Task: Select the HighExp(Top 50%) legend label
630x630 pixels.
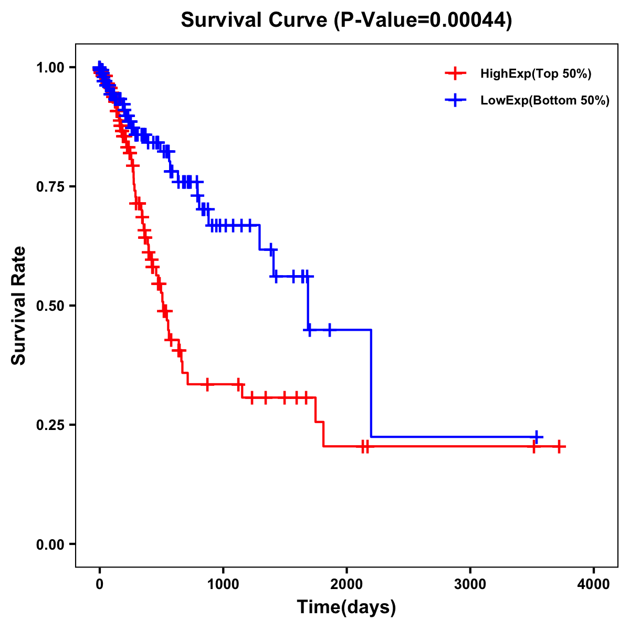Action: click(535, 74)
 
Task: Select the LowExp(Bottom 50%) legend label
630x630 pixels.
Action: click(545, 101)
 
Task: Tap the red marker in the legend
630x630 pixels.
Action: click(455, 73)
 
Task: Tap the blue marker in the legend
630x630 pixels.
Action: click(455, 100)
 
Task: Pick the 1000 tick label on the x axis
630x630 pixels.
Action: click(223, 584)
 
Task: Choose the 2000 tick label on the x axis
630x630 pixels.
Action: click(346, 584)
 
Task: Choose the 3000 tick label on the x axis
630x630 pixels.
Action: click(470, 584)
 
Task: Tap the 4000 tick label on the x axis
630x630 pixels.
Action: click(594, 584)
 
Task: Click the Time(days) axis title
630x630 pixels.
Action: click(346, 607)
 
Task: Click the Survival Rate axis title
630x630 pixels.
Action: click(19, 306)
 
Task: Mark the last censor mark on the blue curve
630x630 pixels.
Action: click(537, 437)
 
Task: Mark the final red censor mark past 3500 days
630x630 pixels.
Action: click(560, 446)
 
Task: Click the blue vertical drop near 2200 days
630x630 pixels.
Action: click(371, 383)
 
